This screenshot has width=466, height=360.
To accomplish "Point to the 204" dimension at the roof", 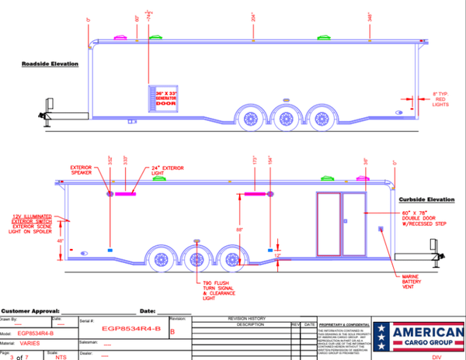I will pyautogui.click(x=252, y=17).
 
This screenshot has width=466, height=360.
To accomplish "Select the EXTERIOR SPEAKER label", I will pyautogui.click(x=81, y=170).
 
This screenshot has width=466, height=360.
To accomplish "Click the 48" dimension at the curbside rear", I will pyautogui.click(x=61, y=241).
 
